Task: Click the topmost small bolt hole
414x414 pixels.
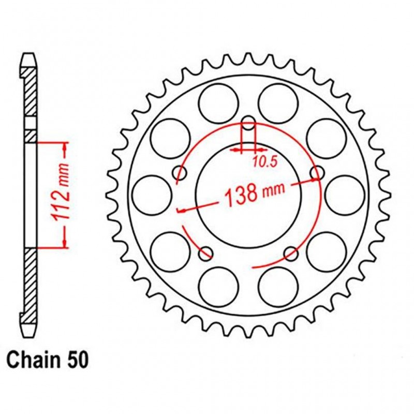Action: (x=249, y=124)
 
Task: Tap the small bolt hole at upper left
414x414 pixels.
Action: (x=181, y=172)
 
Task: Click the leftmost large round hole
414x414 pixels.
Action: (x=152, y=195)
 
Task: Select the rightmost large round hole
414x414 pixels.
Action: (x=345, y=195)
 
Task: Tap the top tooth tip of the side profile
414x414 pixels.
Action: (x=31, y=55)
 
